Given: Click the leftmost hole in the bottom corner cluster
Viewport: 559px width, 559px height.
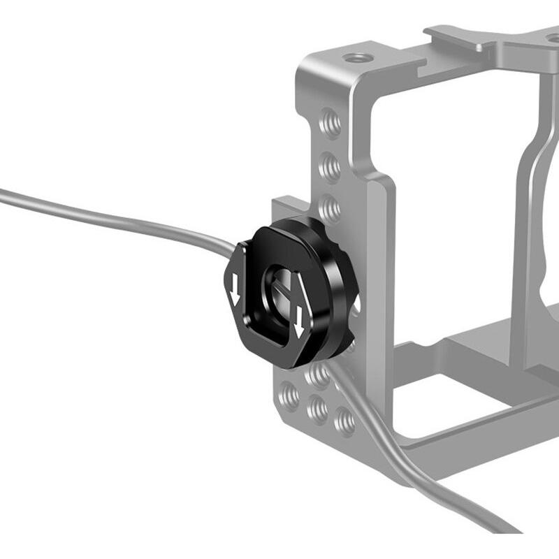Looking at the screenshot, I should point(287,396).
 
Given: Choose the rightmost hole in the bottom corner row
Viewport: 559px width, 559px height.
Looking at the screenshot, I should point(344,420).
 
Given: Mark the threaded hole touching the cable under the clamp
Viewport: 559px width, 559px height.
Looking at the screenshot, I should point(319,377).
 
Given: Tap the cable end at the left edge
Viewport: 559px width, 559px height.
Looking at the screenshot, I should point(3,194).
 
